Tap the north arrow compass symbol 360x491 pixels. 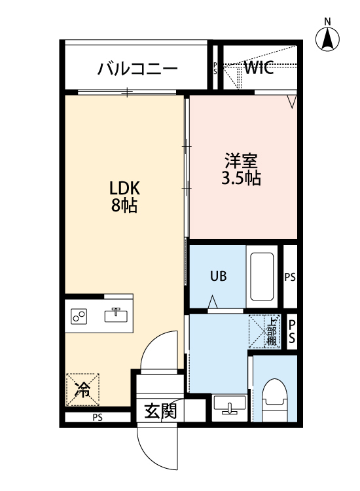point(327,41)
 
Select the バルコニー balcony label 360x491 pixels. point(137,69)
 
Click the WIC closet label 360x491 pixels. point(259,67)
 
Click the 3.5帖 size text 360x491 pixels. point(242,179)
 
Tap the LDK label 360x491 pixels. point(124,189)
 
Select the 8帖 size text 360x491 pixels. point(124,206)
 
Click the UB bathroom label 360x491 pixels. point(218,276)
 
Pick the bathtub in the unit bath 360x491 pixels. point(262,276)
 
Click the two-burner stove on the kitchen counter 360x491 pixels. point(81,317)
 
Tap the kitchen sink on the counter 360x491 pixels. point(117,315)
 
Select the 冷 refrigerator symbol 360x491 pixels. point(82,391)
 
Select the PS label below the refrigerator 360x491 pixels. point(98,418)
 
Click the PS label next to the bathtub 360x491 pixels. point(290,277)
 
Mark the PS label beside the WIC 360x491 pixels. point(215,67)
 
